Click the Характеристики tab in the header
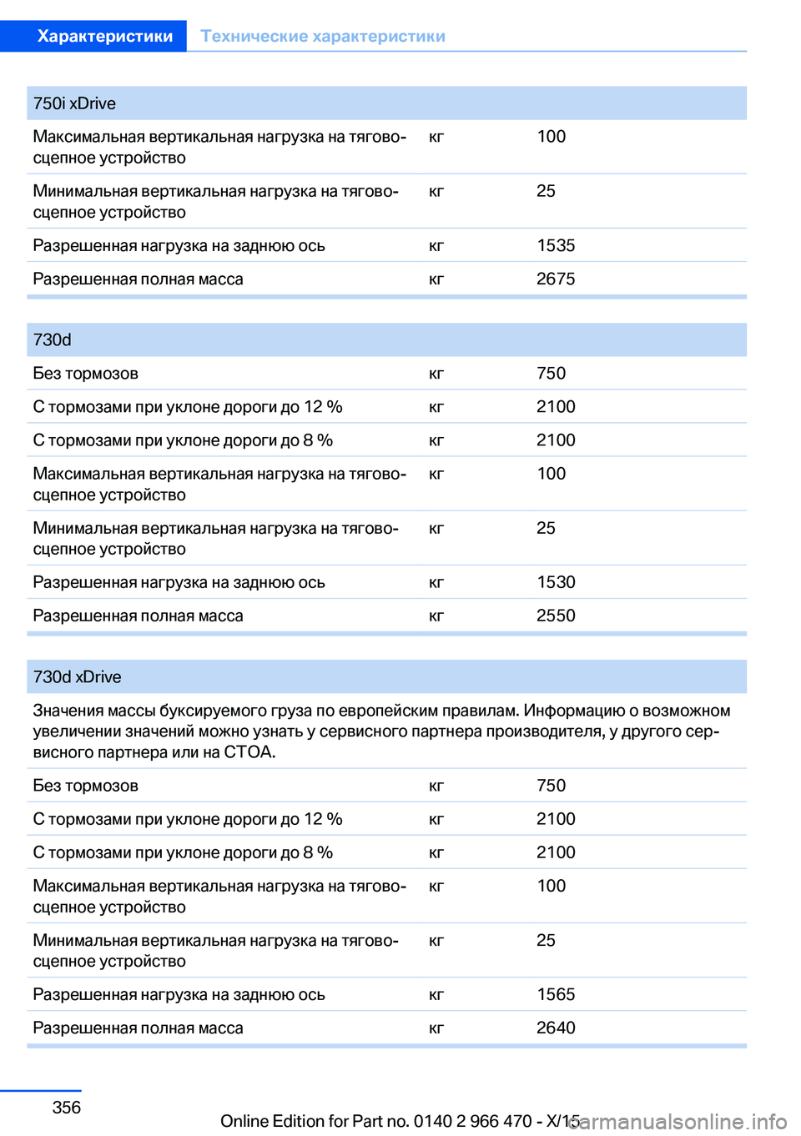click(105, 36)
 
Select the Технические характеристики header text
click(323, 36)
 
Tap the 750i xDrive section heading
click(74, 103)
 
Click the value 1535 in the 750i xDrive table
click(556, 245)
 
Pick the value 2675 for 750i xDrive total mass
click(556, 279)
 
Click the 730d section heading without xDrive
click(53, 339)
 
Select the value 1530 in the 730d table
click(556, 582)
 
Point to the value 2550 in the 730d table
click(556, 616)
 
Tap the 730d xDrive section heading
click(77, 676)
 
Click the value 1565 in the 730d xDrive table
click(556, 994)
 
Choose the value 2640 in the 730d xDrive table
click(556, 1028)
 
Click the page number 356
click(67, 1107)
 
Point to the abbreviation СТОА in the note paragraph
click(248, 751)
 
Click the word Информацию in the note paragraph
click(574, 711)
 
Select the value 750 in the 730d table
click(551, 373)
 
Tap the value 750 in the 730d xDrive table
click(551, 786)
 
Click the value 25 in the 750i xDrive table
click(546, 191)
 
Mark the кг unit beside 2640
click(436, 1028)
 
